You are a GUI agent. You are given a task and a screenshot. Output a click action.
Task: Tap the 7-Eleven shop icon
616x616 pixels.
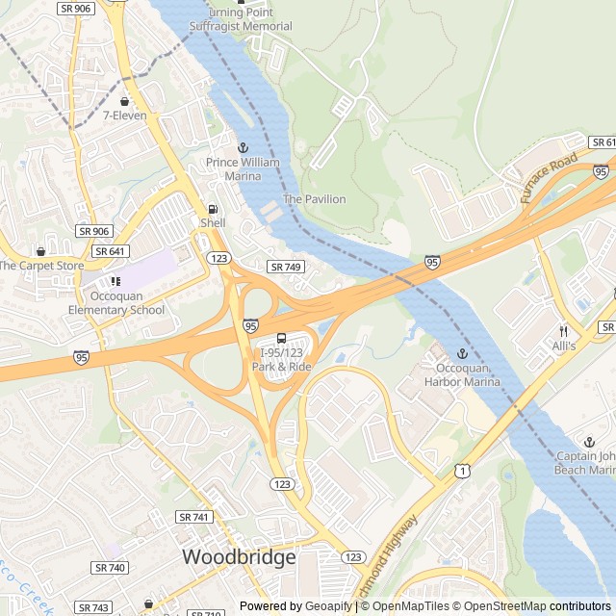(124, 101)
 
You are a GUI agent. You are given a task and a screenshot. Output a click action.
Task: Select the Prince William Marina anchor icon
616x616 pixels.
(244, 147)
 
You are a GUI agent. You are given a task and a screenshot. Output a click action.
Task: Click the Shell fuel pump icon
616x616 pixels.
(212, 209)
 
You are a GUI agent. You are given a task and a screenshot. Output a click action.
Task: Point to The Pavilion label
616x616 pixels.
(314, 199)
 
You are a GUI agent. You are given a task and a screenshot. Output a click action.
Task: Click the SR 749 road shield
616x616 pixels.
(286, 267)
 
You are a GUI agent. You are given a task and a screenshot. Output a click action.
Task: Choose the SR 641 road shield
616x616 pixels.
(110, 251)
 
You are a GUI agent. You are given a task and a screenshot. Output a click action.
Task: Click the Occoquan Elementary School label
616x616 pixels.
(116, 310)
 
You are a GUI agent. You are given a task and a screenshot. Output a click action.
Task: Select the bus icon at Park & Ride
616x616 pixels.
(281, 338)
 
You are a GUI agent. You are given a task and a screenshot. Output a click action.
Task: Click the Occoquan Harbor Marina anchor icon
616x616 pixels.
(462, 354)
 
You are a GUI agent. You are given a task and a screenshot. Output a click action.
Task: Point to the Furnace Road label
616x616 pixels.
(550, 177)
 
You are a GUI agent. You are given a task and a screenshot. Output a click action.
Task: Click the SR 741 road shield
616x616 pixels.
(192, 517)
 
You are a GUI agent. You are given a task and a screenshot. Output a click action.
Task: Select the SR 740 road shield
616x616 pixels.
(111, 568)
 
